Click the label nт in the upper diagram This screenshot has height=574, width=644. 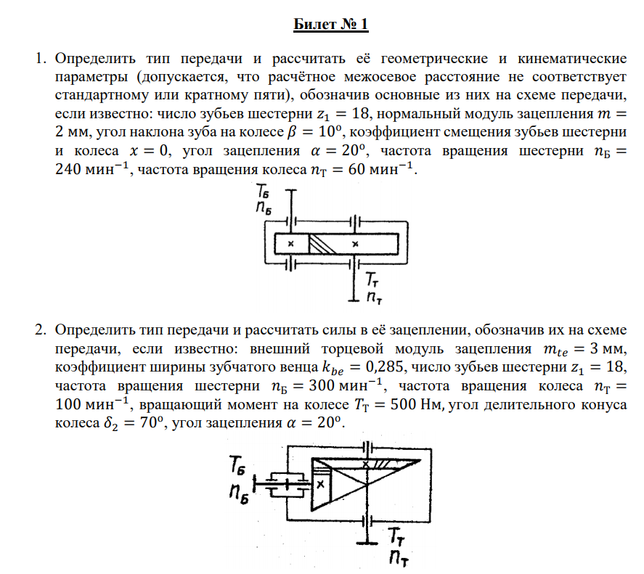pos(375,296)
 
